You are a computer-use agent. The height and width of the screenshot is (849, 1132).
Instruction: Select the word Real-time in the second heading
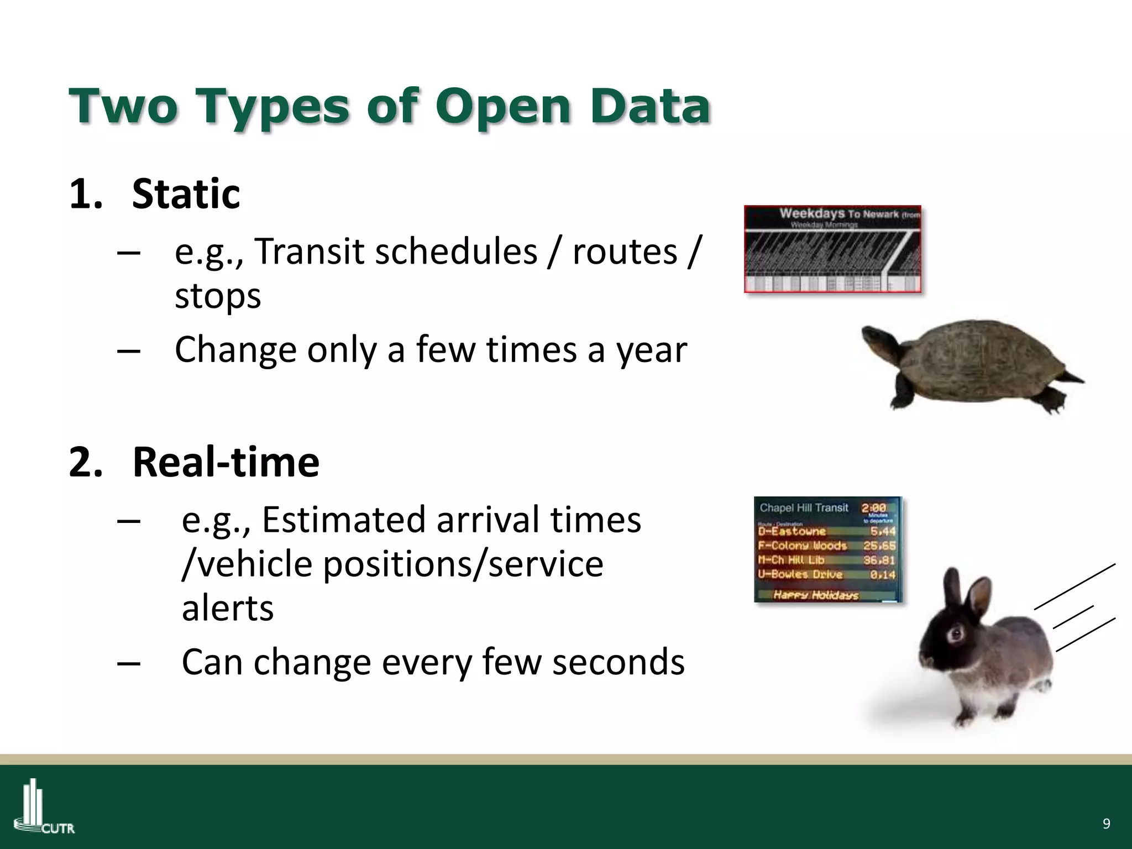(x=226, y=462)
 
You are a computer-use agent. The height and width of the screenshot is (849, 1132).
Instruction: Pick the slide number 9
(x=1106, y=824)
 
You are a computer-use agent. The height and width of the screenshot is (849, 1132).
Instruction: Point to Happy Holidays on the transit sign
(x=816, y=595)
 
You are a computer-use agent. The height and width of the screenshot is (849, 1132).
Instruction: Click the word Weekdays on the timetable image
(x=811, y=213)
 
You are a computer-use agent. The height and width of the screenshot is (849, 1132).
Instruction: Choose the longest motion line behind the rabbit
(x=1075, y=586)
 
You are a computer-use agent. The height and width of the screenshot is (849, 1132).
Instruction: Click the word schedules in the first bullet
(x=451, y=252)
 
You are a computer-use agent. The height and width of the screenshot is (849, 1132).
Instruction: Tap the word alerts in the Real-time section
(x=228, y=609)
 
